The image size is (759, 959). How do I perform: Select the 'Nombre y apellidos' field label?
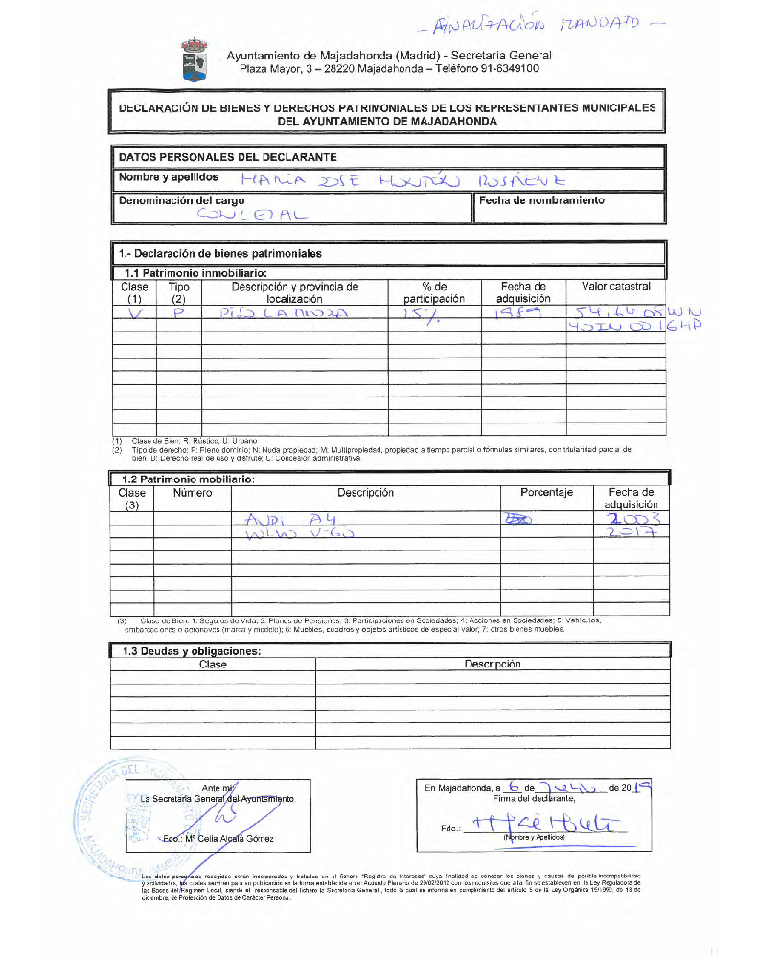coord(168,177)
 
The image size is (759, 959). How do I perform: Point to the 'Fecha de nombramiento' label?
coord(541,201)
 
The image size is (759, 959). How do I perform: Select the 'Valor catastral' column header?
coord(615,287)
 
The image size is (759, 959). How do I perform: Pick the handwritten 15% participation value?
coord(426,315)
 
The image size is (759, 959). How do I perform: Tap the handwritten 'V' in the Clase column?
coord(135,314)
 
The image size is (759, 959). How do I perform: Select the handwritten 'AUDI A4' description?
coord(288,519)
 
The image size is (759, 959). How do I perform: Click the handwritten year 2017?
coord(631,534)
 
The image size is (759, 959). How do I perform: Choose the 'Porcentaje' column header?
coord(546,493)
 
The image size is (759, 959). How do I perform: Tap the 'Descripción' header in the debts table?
coord(493,664)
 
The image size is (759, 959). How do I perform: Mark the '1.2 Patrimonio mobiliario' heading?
coord(187,479)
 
